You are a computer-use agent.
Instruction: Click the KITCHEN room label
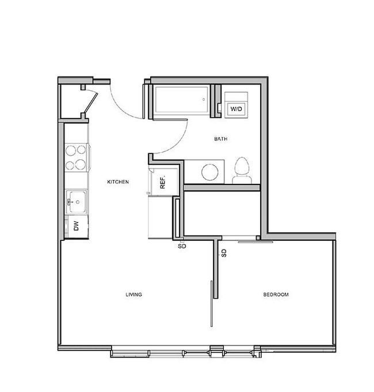[118, 182]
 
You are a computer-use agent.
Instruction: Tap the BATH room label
[221, 139]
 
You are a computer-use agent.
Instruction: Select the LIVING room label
[133, 294]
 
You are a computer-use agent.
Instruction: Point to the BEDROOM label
[276, 294]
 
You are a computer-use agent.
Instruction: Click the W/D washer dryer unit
[236, 105]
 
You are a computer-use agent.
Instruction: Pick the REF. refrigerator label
[163, 183]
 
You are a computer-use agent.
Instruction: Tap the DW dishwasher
[77, 226]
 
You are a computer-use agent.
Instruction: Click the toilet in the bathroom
[242, 171]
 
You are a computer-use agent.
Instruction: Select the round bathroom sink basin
[210, 172]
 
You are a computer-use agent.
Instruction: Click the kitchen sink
[77, 202]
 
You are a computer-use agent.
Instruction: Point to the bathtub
[181, 100]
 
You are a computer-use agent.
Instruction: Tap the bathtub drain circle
[204, 99]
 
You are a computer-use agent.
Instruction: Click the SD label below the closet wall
[182, 246]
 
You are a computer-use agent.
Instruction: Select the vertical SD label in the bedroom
[224, 253]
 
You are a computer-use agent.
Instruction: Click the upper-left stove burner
[70, 151]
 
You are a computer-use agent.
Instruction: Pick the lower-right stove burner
[81, 164]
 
